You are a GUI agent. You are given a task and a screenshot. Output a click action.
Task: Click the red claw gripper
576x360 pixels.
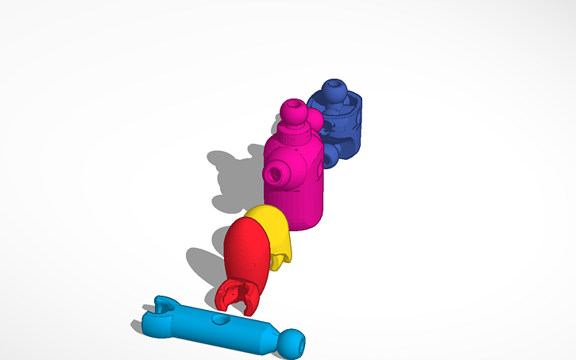[x=236, y=295]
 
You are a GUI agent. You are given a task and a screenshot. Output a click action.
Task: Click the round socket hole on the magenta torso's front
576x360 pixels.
[x=277, y=171]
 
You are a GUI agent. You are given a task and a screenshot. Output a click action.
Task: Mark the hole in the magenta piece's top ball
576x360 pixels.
[x=296, y=104]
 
